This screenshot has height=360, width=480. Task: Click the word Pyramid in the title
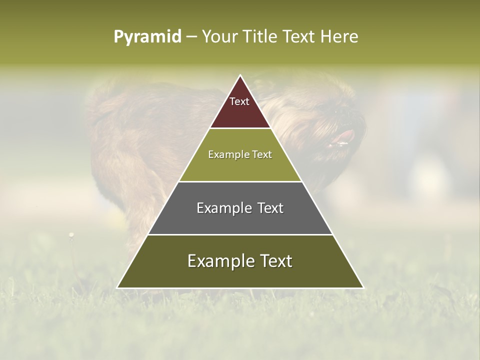[147, 37]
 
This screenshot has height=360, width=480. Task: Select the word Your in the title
[219, 37]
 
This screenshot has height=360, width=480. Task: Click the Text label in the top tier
[239, 101]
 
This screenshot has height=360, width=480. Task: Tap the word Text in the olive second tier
[260, 154]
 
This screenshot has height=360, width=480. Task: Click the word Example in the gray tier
[223, 208]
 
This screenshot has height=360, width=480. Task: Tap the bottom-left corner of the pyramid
[117, 287]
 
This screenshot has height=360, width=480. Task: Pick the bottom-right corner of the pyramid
[363, 287]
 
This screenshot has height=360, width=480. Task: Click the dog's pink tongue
[345, 136]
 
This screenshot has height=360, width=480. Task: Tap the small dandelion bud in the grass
[71, 234]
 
